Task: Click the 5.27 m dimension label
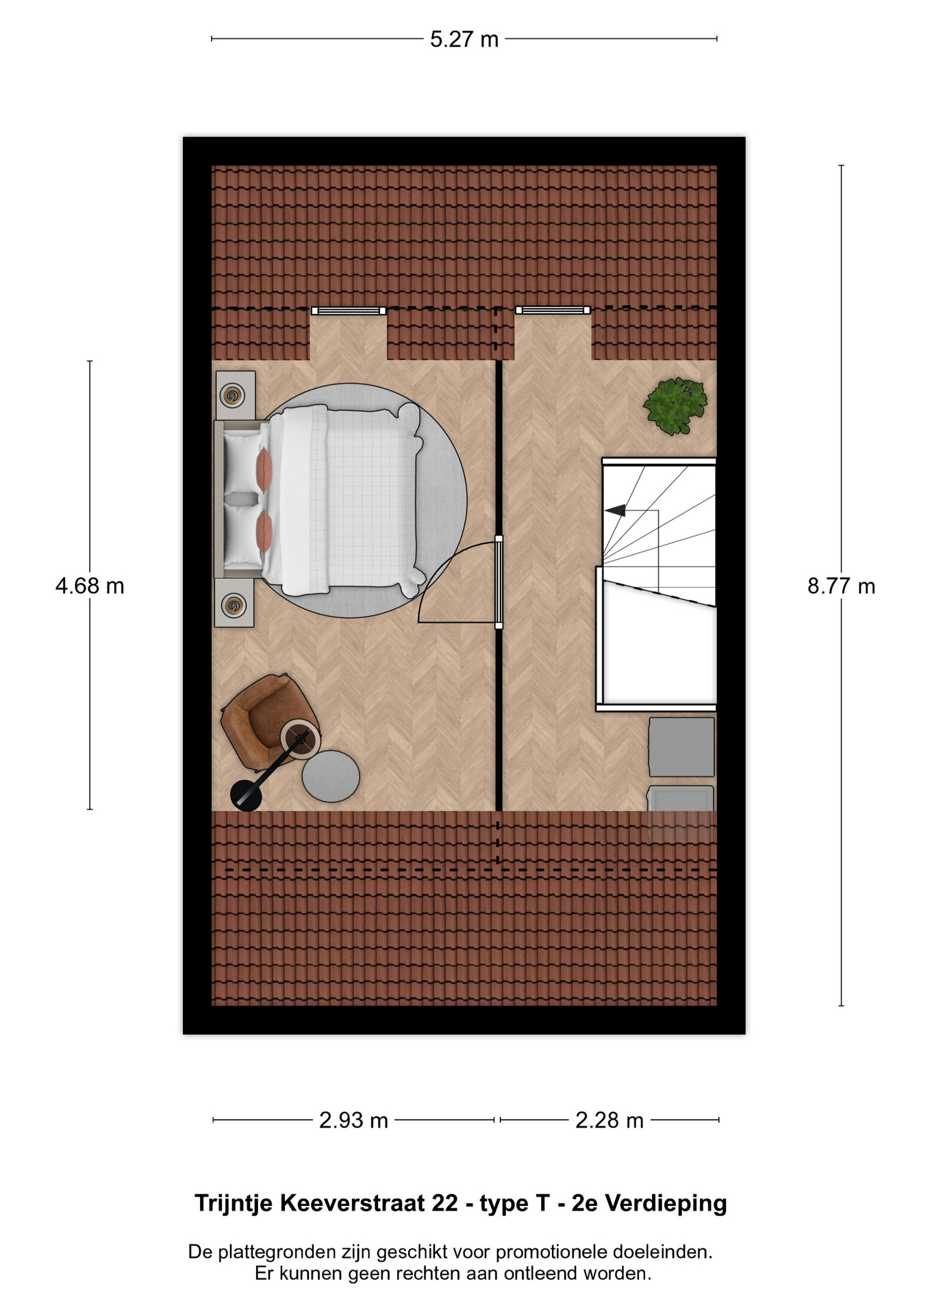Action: (464, 40)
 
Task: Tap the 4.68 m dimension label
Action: (90, 586)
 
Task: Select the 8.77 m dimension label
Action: (841, 586)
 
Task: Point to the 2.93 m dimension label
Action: (353, 1120)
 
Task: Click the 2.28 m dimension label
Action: (609, 1120)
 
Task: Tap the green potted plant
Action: (675, 406)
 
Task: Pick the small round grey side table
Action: (331, 776)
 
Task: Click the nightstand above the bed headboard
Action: (236, 396)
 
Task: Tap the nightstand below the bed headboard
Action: (234, 603)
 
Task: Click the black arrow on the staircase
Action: (615, 510)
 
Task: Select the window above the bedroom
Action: (349, 311)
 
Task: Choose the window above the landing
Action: (553, 310)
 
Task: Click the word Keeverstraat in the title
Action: (350, 1202)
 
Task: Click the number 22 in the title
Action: (444, 1202)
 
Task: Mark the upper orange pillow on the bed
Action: (264, 469)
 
